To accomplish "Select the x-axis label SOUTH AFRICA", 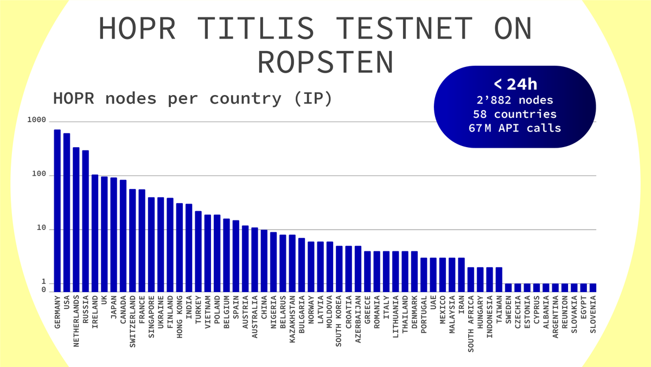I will [470, 324].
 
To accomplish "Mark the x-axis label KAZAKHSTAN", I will [292, 320].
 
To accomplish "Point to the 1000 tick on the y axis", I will [37, 121].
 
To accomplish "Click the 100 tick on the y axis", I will [40, 175].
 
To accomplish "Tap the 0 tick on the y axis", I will [44, 290].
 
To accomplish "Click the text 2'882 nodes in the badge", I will [515, 100].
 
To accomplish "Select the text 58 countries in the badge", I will [515, 114].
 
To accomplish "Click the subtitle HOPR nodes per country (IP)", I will [192, 99].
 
